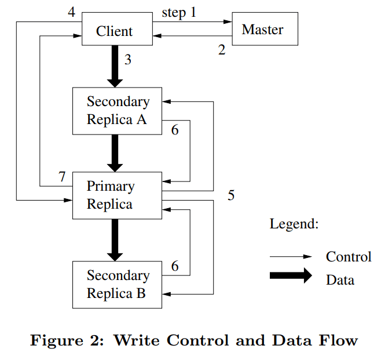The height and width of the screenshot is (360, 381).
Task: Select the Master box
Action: [x=265, y=30]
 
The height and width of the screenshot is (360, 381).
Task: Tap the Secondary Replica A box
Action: [x=117, y=111]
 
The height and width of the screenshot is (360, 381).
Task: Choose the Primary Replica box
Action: [x=117, y=195]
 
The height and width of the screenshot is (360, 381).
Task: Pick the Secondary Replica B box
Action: [x=117, y=284]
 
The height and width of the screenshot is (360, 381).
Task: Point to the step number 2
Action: [x=222, y=50]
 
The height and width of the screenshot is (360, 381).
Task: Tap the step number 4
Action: [x=71, y=11]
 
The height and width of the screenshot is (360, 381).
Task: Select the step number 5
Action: [x=231, y=195]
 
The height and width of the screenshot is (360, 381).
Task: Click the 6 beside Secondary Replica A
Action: [x=174, y=130]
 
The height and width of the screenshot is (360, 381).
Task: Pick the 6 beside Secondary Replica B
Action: [x=174, y=266]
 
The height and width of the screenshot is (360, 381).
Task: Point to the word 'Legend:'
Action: [x=294, y=224]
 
